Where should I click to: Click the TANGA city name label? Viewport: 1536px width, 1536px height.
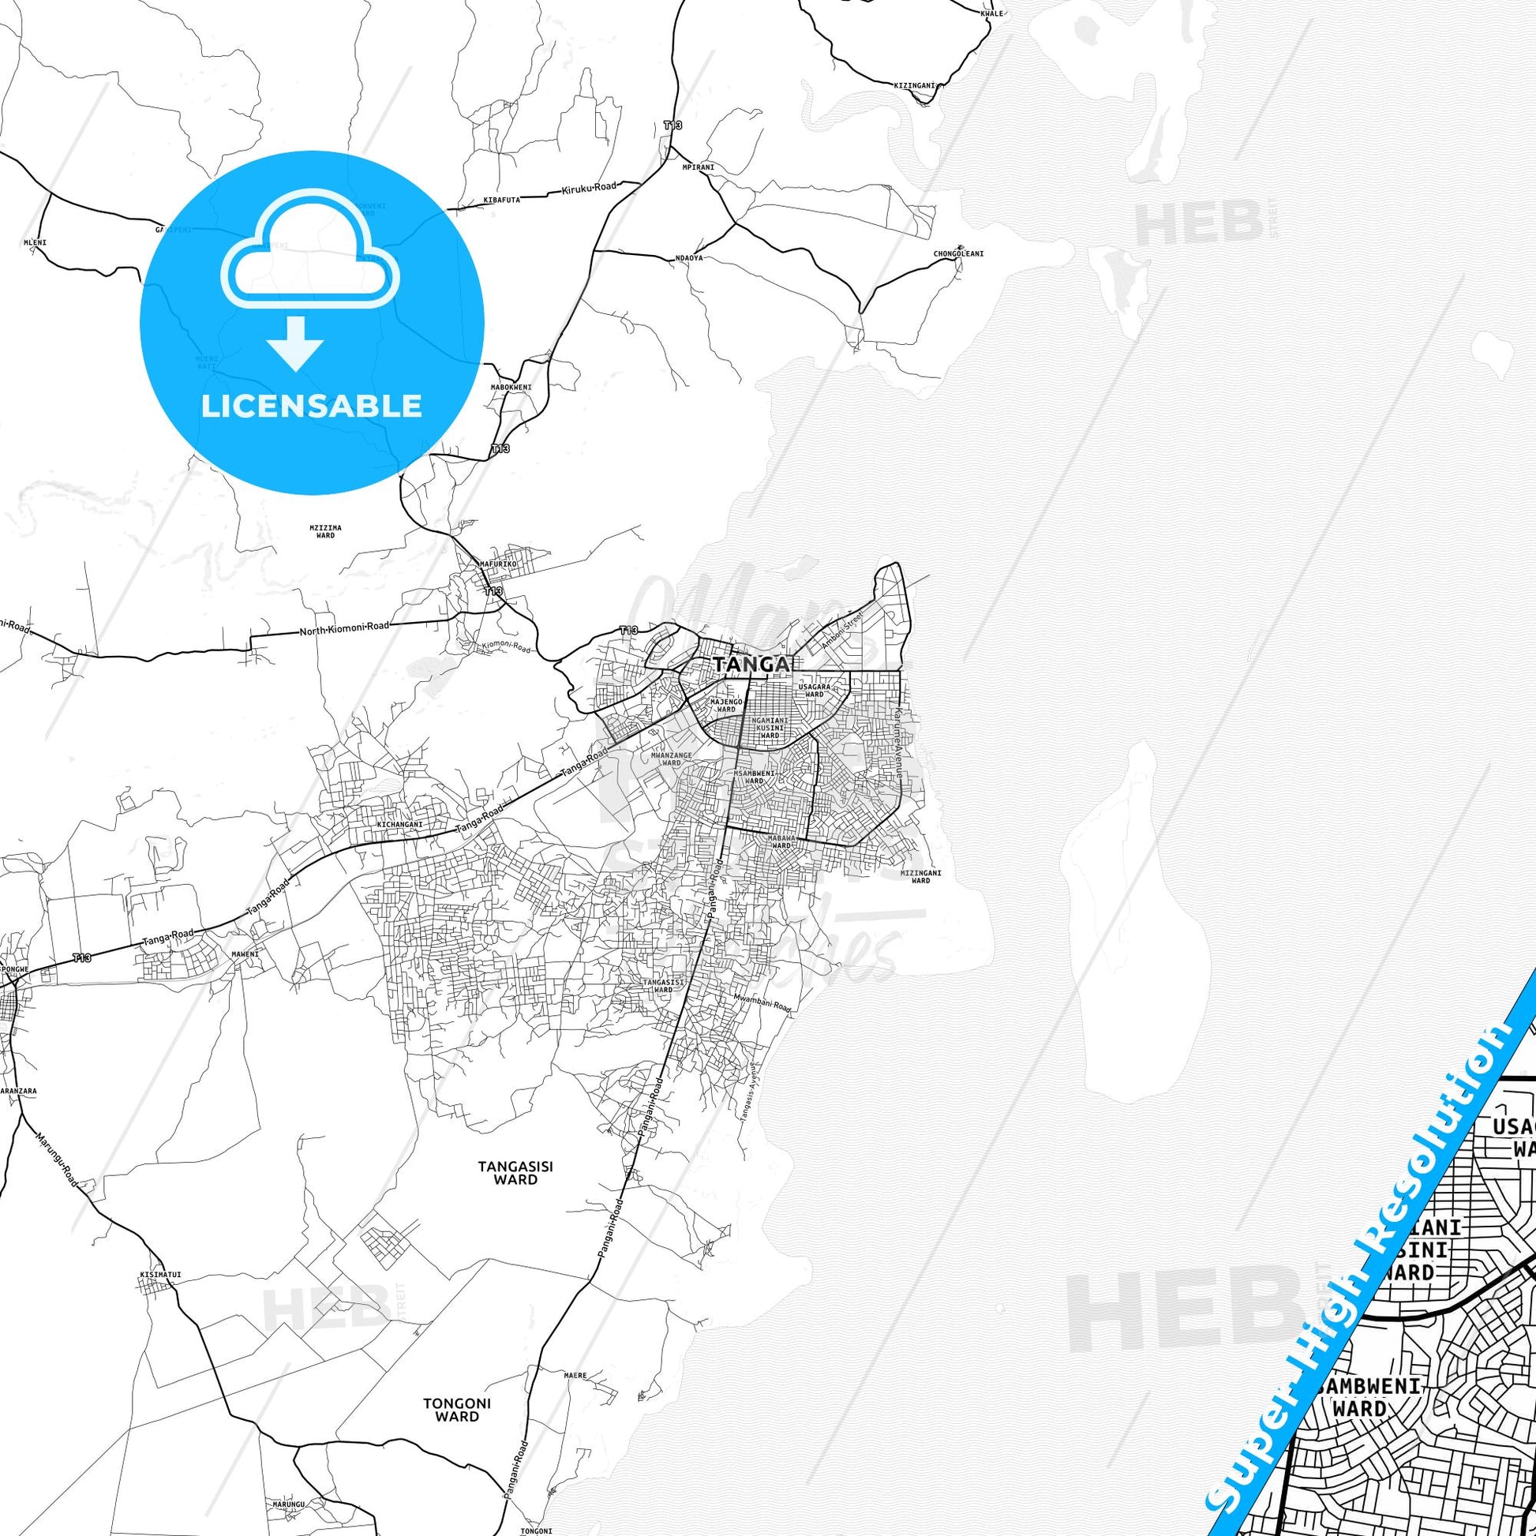[752, 664]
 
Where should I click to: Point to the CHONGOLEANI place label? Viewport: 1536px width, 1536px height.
[958, 254]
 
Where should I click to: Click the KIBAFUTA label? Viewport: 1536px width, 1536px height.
[502, 200]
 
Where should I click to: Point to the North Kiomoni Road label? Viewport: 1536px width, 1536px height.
[344, 628]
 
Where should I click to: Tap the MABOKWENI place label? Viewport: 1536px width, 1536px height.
[511, 388]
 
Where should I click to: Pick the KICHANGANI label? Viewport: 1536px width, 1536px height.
[399, 825]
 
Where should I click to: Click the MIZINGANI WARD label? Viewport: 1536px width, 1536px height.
[920, 876]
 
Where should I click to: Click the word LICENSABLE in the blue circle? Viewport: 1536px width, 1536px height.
[312, 406]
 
